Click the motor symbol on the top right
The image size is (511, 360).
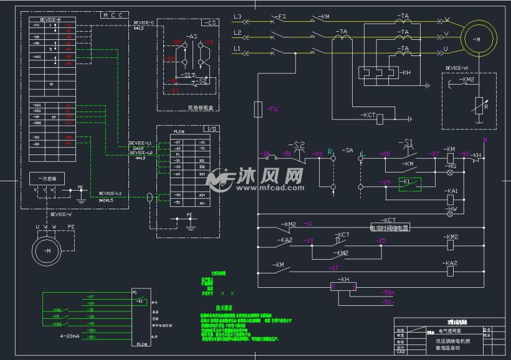[478, 39]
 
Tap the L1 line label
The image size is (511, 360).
[237, 48]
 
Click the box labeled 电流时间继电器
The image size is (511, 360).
[390, 227]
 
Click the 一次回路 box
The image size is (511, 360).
[47, 179]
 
